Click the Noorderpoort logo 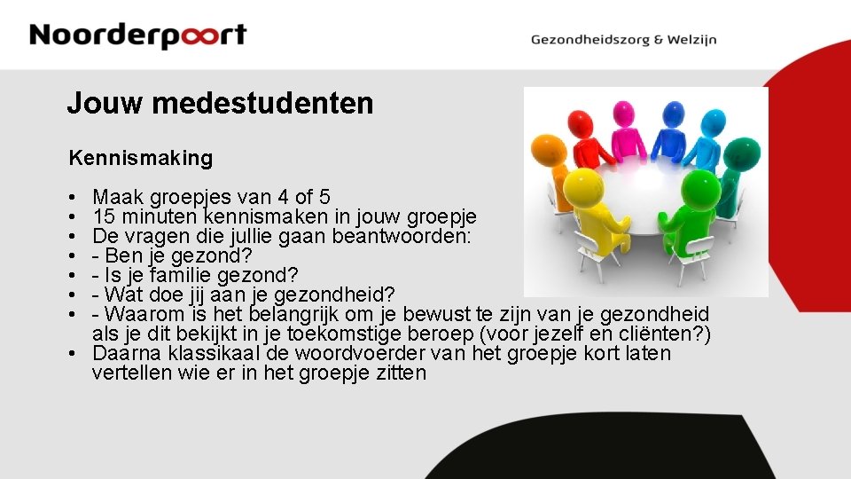click(x=137, y=35)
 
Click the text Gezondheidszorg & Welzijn click(x=623, y=39)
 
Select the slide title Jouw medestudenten click(x=220, y=104)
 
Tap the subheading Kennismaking click(x=141, y=159)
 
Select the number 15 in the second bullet click(x=103, y=216)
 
